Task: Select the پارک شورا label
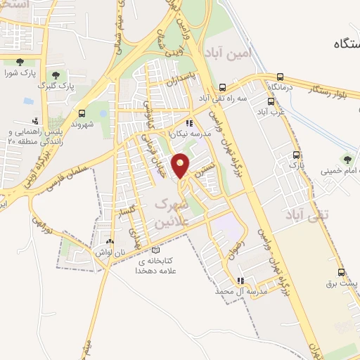tap(19, 72)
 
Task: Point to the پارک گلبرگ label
tap(57, 86)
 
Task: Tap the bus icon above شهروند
tap(83, 112)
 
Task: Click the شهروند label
tap(83, 124)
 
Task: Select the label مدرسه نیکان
tap(189, 133)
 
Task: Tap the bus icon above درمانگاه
tap(281, 77)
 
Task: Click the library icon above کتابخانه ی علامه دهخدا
tap(156, 250)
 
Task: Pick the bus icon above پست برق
tap(342, 273)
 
